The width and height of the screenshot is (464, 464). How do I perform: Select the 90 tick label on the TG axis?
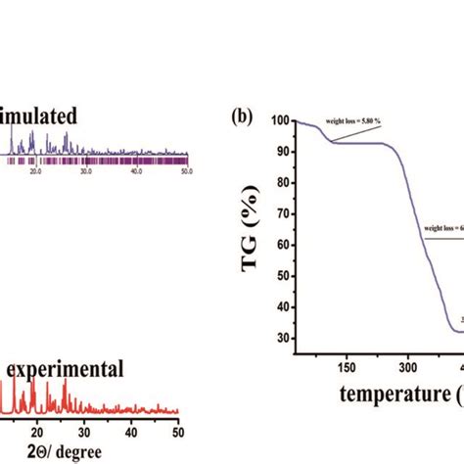[x=282, y=152]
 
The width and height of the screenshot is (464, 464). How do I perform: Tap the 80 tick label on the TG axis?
[x=282, y=183]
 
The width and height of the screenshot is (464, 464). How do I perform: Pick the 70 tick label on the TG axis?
[x=282, y=214]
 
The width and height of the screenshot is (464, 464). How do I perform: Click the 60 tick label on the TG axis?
[x=282, y=246]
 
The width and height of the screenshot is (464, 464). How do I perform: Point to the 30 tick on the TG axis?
[x=282, y=339]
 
